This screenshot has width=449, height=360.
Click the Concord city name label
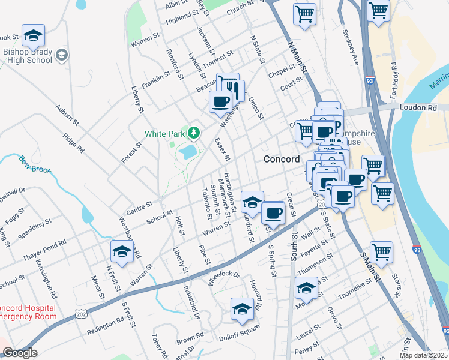pyautogui.click(x=282, y=159)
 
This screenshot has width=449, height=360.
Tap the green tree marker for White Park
pyautogui.click(x=193, y=132)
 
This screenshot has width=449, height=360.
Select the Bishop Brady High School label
pyautogui.click(x=27, y=56)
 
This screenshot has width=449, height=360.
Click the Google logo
pyautogui.click(x=20, y=353)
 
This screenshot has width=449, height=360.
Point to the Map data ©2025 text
pyautogui.click(x=424, y=355)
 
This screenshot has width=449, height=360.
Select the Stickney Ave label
pyautogui.click(x=350, y=47)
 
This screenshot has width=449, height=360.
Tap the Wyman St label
pyautogui.click(x=145, y=44)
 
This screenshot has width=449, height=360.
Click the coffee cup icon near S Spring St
pyautogui.click(x=273, y=213)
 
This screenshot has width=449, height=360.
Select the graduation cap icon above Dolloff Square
pyautogui.click(x=242, y=309)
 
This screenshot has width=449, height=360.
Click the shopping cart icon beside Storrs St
pyautogui.click(x=381, y=252)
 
